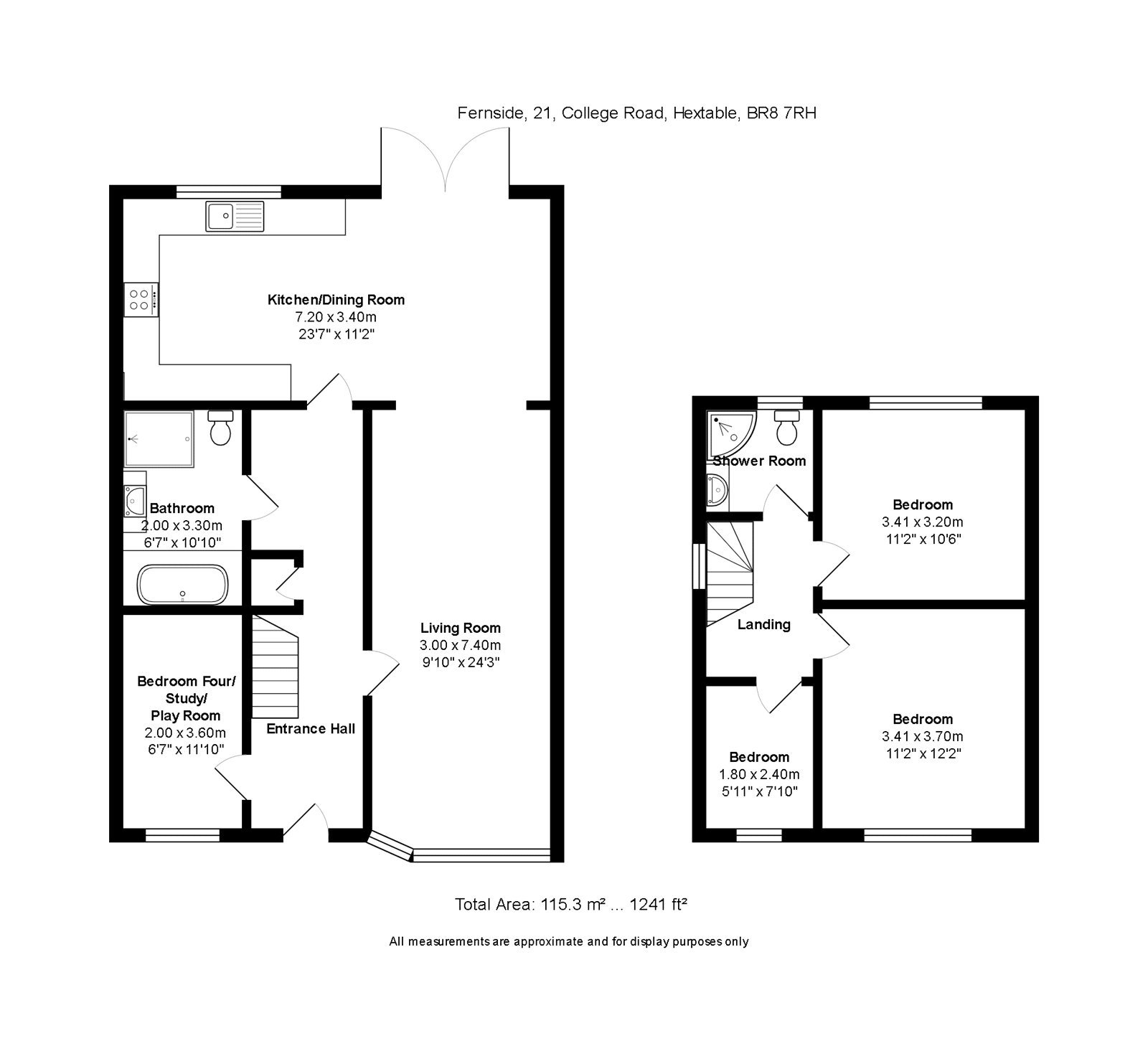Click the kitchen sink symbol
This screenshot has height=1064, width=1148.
pos(235,216)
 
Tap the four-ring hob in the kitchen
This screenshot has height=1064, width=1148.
pos(141,299)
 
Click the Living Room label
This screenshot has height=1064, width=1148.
pos(460,628)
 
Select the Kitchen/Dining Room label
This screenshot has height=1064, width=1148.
pos(336,300)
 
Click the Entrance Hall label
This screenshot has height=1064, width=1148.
pos(311,729)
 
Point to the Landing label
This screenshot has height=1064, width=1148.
pos(763,625)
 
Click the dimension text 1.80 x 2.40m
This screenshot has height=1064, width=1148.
pos(759,774)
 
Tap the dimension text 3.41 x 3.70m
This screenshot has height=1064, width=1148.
pos(923,736)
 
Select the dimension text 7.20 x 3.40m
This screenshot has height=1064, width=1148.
pos(336,317)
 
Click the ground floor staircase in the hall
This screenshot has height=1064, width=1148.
pos(274,667)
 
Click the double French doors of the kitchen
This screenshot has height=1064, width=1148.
pos(446,161)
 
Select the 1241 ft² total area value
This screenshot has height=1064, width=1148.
pos(659,905)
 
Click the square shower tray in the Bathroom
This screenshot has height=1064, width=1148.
pos(159,438)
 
